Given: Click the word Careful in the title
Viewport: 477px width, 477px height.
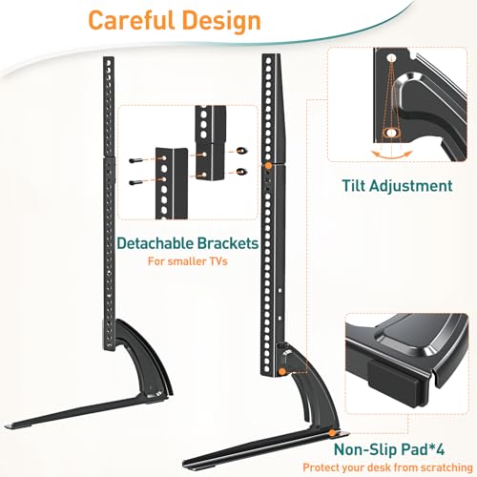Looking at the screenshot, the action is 132,20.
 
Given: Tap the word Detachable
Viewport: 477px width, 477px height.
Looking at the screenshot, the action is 156,243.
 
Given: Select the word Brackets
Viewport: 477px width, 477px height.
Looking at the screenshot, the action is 228,243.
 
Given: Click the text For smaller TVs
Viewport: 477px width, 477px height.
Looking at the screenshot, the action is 188,261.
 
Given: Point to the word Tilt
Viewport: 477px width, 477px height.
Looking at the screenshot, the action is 353,186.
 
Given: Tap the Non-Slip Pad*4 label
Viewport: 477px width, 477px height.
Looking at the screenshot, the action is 389,449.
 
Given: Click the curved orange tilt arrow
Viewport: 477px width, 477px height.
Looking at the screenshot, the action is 392,157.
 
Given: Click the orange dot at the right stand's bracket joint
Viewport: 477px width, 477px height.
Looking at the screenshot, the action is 268,166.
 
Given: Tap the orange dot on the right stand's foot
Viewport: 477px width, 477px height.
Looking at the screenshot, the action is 332,432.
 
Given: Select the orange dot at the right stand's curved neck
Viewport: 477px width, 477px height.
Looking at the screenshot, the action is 281,371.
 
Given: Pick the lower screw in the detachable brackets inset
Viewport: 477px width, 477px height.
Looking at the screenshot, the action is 135,182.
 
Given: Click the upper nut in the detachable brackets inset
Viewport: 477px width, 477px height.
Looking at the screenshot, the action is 242,150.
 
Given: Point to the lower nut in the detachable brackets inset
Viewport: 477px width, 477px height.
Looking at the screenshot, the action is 242,172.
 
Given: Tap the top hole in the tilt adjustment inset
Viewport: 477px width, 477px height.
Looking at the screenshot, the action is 391,58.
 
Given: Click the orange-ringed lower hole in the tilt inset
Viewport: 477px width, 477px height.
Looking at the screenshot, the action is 391,133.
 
